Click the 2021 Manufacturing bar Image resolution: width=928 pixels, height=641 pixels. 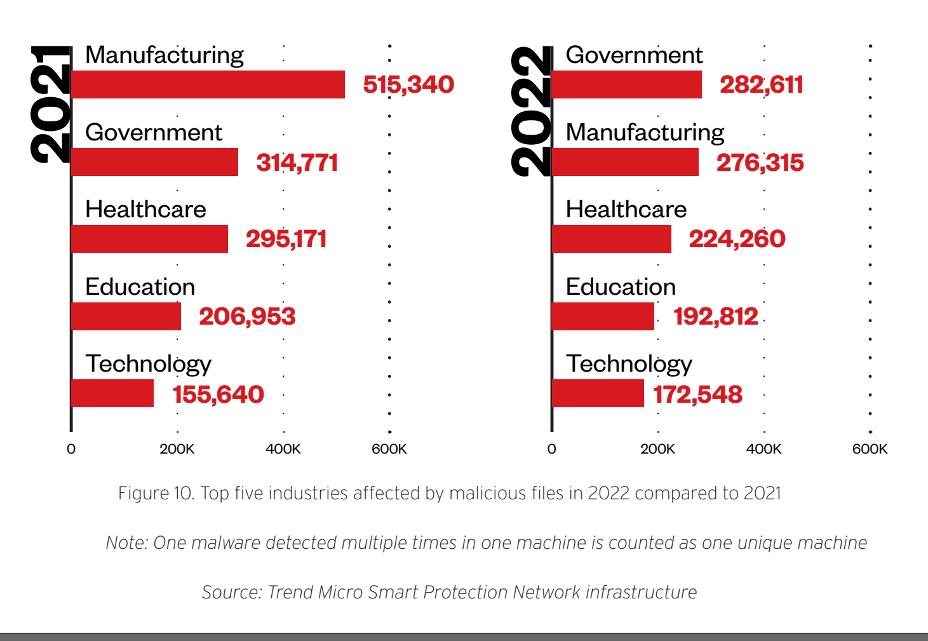pos(208,84)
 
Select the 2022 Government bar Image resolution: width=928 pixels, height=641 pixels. pos(627,84)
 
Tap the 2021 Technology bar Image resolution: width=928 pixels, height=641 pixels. pos(112,393)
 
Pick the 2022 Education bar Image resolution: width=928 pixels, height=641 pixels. pos(603,316)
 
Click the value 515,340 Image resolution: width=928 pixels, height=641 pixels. pos(408,84)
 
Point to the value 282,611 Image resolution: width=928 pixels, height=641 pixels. pos(761,84)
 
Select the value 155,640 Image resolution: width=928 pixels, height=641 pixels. pos(218,395)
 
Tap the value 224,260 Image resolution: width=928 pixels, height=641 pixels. pos(737,239)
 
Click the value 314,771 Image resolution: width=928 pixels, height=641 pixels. pos(297,163)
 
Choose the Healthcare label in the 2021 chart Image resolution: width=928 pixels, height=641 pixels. pos(145,209)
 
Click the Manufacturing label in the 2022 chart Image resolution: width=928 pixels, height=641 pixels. pos(645,132)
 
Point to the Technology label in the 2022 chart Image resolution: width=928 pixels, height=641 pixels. pos(629,364)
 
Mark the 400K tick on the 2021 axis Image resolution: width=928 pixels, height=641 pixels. pos(283,449)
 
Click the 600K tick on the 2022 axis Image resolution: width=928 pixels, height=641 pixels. pos(870,449)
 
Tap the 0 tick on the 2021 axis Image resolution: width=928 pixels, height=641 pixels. pos(71,449)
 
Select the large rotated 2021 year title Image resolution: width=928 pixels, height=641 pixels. pos(51,104)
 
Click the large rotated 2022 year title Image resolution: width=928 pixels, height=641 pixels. pos(531,111)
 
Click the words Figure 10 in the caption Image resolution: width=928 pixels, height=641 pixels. pos(156,493)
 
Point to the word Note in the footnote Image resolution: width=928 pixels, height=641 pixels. pos(127,543)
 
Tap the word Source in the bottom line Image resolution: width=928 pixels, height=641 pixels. pos(231,592)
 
